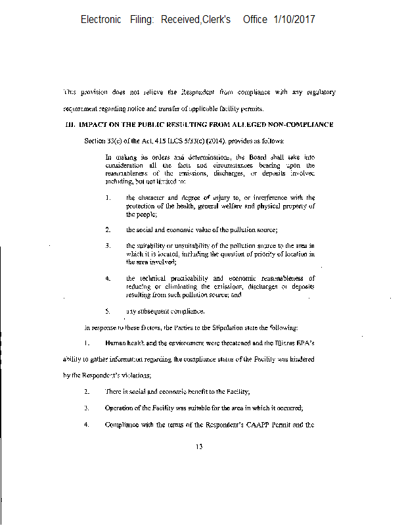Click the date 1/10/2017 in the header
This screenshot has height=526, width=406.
pos(294,20)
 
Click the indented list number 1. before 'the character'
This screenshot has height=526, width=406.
pos(107,197)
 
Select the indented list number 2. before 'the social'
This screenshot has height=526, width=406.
pos(107,229)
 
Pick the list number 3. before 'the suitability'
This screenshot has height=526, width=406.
pos(107,246)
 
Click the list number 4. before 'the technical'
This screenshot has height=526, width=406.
pos(107,278)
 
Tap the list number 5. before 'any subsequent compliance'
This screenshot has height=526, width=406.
pos(107,310)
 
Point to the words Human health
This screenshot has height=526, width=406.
pos(123,343)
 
